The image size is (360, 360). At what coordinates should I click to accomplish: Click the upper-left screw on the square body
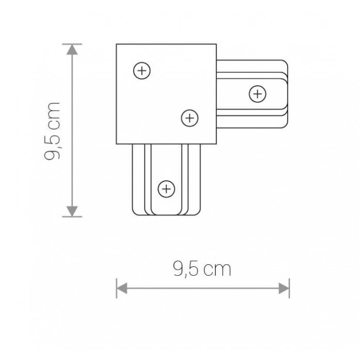tap(142, 70)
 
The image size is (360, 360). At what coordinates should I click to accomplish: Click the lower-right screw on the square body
tap(190, 118)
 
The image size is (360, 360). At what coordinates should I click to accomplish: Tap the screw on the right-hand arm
tap(257, 94)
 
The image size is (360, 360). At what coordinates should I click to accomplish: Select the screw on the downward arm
tap(167, 189)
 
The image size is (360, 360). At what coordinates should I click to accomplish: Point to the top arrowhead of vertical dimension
tap(72, 49)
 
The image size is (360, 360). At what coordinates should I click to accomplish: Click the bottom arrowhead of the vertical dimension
tap(72, 211)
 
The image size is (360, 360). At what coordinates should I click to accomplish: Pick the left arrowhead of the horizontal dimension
tap(122, 288)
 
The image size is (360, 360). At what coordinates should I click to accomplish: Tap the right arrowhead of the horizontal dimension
tap(284, 288)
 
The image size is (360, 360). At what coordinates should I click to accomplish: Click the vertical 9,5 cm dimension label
tap(52, 131)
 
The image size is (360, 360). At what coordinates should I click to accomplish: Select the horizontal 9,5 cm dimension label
tap(202, 269)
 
